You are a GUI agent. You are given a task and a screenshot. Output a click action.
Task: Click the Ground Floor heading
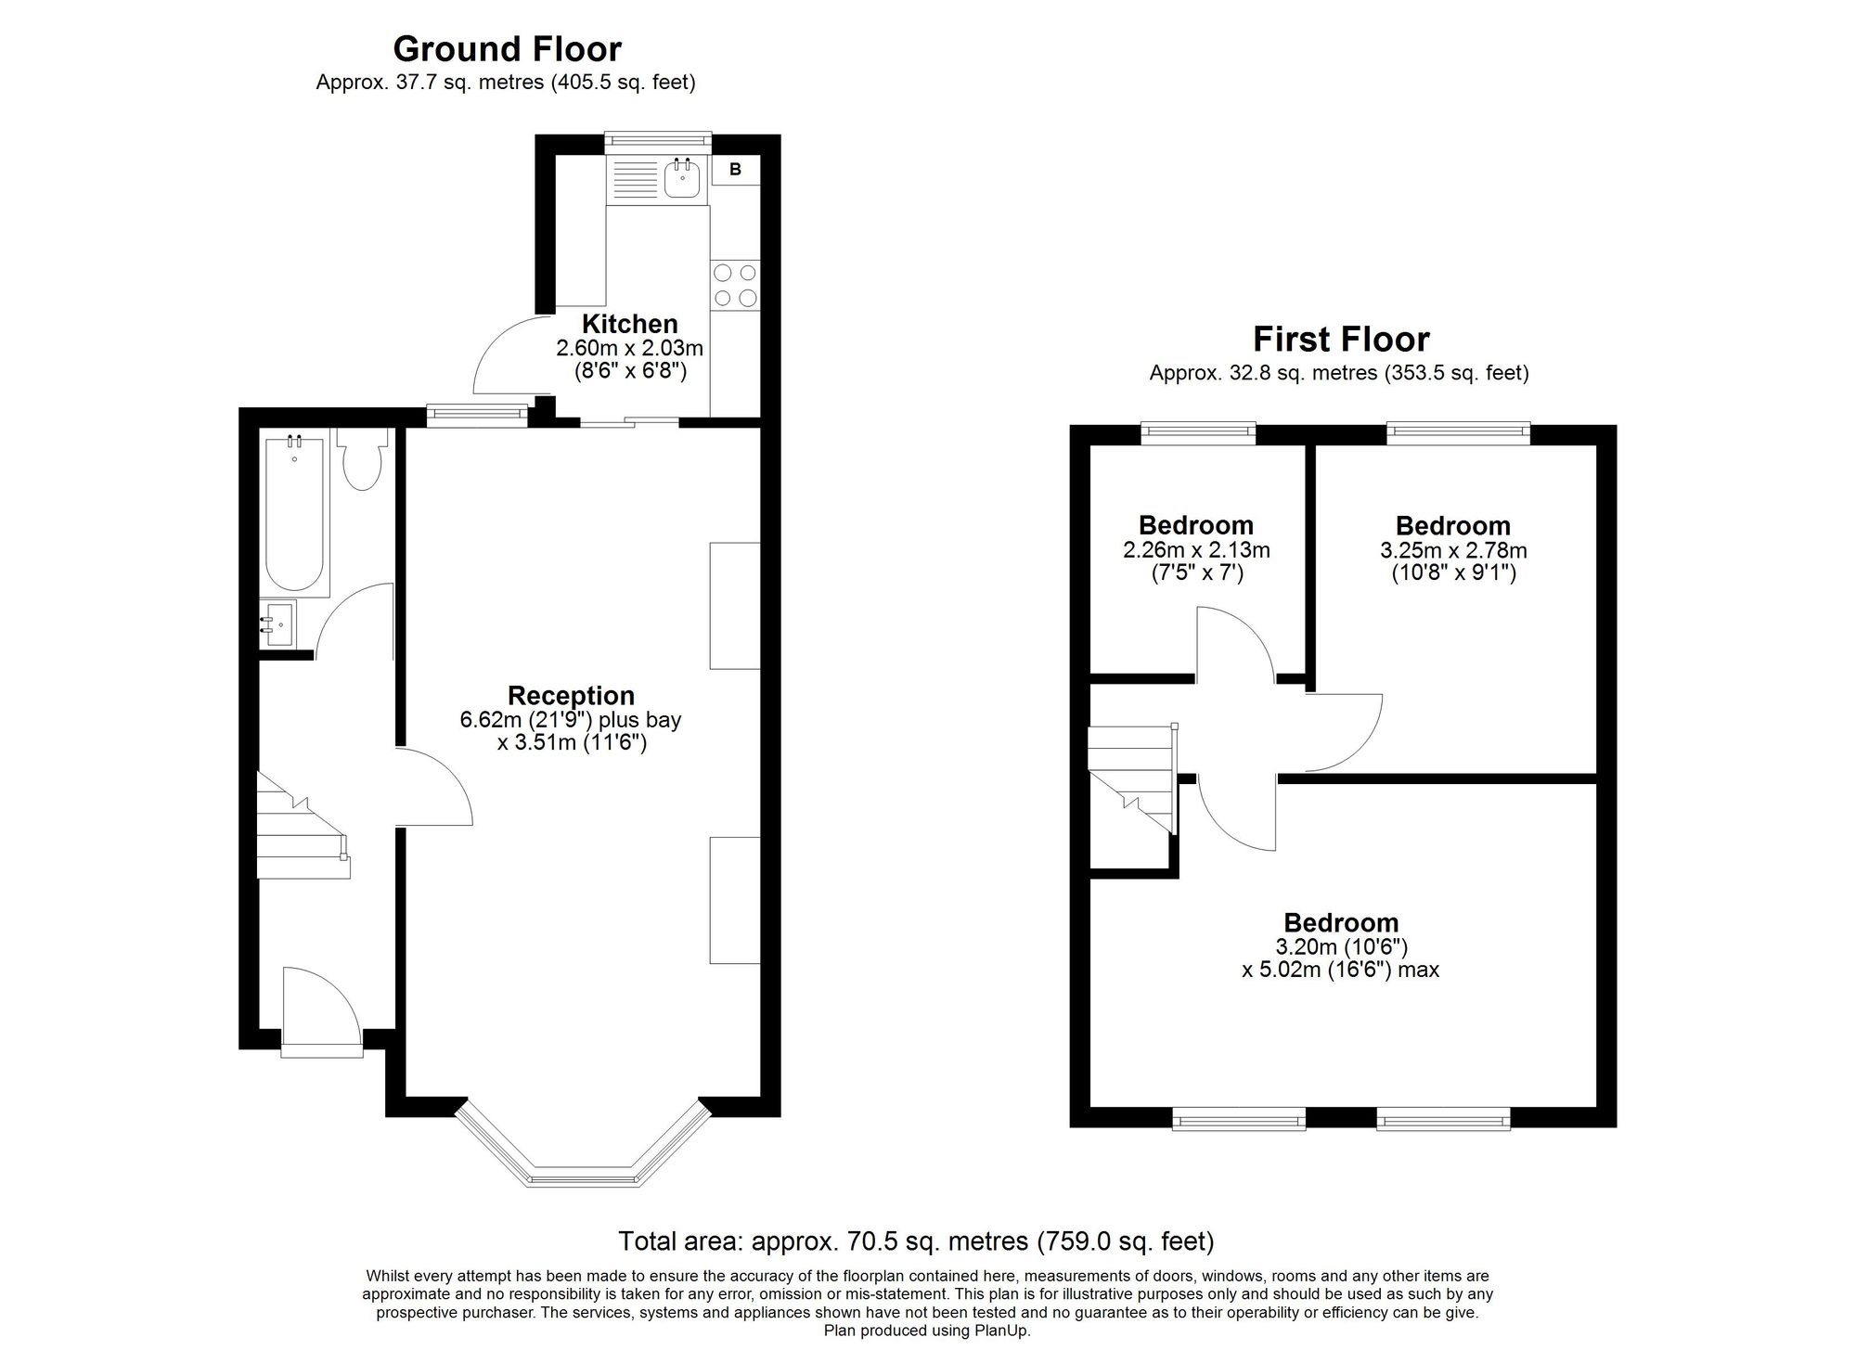pyautogui.click(x=507, y=48)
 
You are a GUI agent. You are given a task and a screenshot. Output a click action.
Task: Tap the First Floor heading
pyautogui.click(x=1341, y=340)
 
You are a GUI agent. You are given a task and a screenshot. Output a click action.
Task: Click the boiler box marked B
pyautogui.click(x=736, y=169)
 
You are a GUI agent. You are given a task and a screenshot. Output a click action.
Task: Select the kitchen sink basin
pyautogui.click(x=682, y=178)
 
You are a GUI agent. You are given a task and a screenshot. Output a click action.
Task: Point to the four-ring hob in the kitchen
pyautogui.click(x=735, y=285)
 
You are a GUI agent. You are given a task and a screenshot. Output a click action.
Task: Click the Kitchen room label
pyautogui.click(x=629, y=324)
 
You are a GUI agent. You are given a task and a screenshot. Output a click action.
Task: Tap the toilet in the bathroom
pyautogui.click(x=360, y=458)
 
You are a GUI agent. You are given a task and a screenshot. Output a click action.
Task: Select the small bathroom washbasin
pyautogui.click(x=277, y=624)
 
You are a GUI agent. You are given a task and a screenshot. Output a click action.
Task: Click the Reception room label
pyautogui.click(x=571, y=695)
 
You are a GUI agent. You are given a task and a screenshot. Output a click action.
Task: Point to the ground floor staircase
pyautogui.click(x=303, y=826)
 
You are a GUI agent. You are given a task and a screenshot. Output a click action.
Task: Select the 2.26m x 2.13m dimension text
pyautogui.click(x=1196, y=550)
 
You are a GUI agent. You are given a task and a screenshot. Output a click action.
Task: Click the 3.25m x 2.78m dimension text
pyautogui.click(x=1453, y=550)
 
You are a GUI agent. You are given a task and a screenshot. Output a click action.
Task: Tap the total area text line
pyautogui.click(x=916, y=1241)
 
